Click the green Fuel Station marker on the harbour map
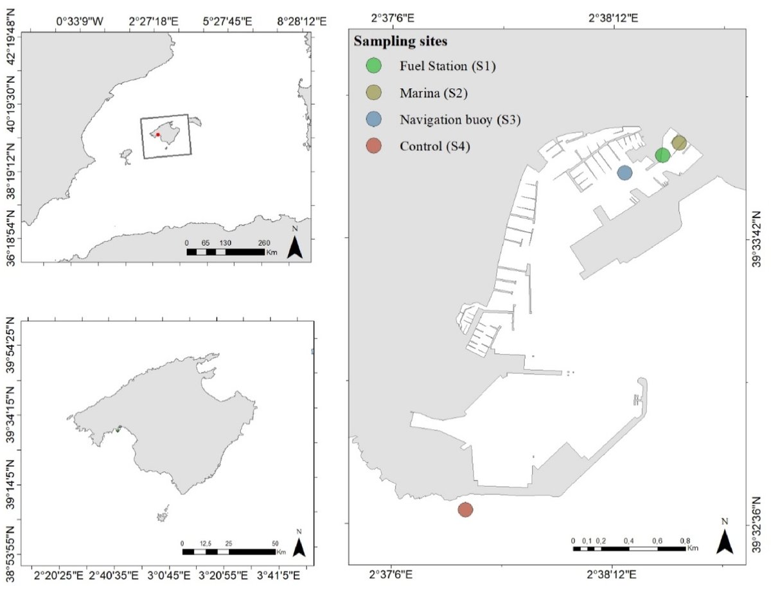point(662,155)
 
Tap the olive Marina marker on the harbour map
point(679,142)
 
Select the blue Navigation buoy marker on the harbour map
point(625,172)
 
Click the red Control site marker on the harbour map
point(466,509)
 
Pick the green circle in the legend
point(373,66)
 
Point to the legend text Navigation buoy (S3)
point(459,119)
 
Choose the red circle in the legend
point(373,146)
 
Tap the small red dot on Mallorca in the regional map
point(157,134)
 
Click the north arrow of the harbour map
point(725,540)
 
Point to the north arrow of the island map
point(299,545)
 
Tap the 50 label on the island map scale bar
point(275,543)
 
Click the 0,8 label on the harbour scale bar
point(685,540)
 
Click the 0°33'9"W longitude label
point(80,22)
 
